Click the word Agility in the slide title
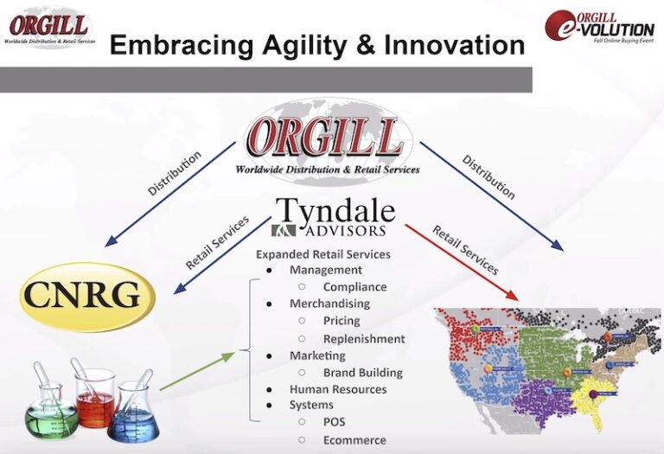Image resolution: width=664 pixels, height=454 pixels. pos(308,44)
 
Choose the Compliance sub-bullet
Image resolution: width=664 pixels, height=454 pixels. pos(354,287)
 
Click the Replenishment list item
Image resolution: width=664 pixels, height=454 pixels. pos(364,339)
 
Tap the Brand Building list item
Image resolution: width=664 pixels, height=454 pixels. pos(363,373)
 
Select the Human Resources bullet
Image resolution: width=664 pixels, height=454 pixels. pos(338,389)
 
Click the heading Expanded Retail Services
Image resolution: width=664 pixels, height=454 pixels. pos(323,254)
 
